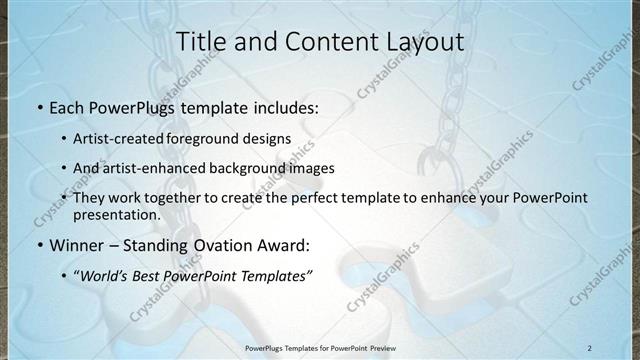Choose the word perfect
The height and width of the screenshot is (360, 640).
301,198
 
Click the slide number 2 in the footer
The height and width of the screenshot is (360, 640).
590,347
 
